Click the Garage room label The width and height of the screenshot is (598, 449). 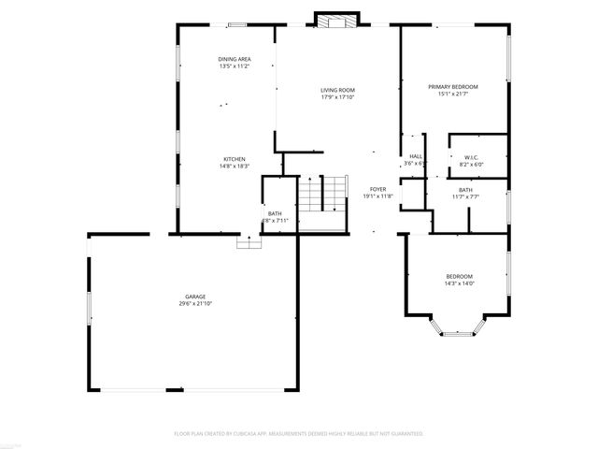[x=194, y=297]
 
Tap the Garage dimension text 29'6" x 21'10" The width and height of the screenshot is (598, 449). [x=194, y=304]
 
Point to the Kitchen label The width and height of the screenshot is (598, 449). [x=233, y=158]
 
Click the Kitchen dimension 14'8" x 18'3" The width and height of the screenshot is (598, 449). [x=233, y=166]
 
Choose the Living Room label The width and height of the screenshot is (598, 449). [x=337, y=90]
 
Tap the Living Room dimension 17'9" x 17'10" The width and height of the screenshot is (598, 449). [x=337, y=97]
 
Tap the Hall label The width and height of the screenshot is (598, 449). [x=416, y=156]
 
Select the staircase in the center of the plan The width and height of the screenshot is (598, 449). [x=322, y=195]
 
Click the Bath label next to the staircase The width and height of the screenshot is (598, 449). [x=275, y=213]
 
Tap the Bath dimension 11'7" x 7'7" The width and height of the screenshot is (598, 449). [x=464, y=197]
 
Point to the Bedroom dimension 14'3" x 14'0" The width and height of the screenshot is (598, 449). [x=459, y=283]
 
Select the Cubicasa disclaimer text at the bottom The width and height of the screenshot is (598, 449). [x=299, y=434]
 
